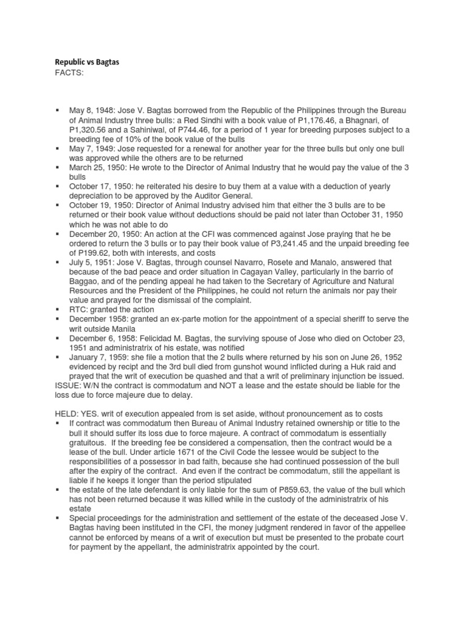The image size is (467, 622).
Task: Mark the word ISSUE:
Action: click(x=65, y=377)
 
